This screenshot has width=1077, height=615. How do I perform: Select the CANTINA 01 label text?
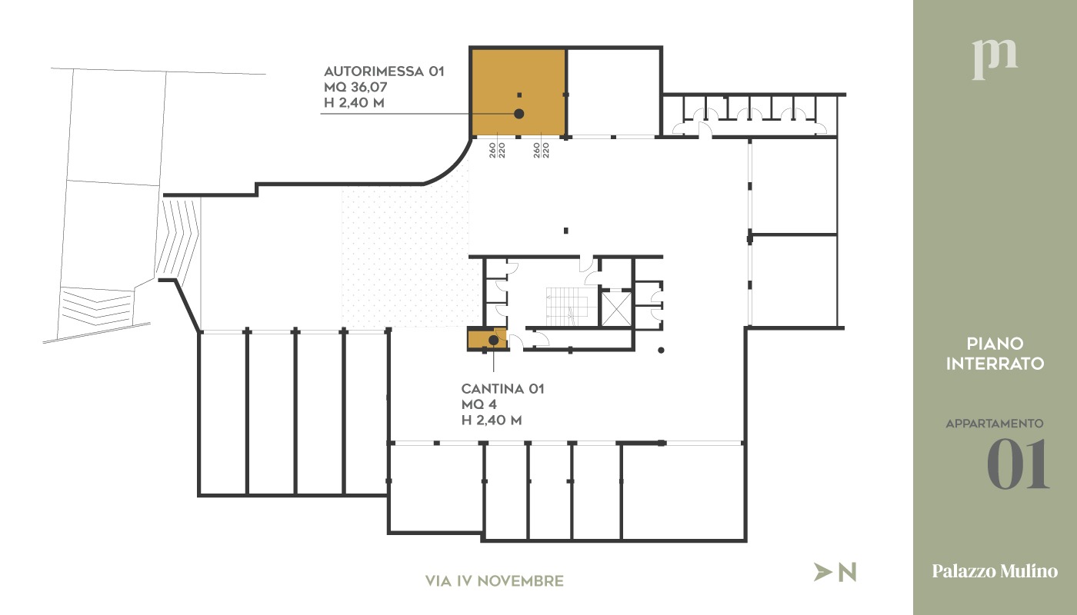(502, 389)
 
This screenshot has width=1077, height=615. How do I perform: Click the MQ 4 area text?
(481, 404)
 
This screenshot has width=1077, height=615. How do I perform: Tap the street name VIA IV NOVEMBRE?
(494, 581)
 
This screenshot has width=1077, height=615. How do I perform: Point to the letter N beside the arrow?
(847, 572)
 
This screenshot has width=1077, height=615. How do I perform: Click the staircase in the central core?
(566, 306)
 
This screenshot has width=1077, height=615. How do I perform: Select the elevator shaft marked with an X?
(615, 307)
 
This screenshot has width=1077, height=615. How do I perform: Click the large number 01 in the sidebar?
(1018, 465)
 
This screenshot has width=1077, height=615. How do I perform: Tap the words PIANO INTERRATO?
(995, 354)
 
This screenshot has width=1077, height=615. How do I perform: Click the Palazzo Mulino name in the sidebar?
(995, 571)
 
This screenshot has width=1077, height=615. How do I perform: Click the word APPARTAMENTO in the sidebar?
(994, 424)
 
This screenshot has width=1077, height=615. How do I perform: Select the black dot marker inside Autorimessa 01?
(519, 114)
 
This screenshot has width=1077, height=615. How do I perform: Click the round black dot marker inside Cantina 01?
(493, 340)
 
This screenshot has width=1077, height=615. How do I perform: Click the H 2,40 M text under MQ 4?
(492, 421)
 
